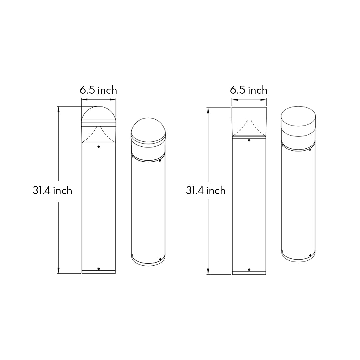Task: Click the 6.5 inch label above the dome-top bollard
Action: [x=98, y=90]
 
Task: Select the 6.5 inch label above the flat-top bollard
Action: [x=249, y=90]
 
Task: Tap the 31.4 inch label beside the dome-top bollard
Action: [x=52, y=190]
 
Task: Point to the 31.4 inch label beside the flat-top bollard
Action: [x=206, y=190]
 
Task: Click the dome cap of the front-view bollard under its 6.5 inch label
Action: [x=99, y=114]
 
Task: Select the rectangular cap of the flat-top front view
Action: [x=249, y=113]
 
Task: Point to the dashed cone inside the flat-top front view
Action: [x=249, y=128]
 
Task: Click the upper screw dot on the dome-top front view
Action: [x=99, y=146]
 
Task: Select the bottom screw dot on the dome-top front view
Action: [x=99, y=269]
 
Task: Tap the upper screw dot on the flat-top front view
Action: [x=249, y=140]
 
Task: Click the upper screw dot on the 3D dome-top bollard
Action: [x=160, y=161]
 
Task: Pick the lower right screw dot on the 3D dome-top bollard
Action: [x=160, y=259]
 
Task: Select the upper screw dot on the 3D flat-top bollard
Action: [x=310, y=150]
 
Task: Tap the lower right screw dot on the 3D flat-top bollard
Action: [x=310, y=255]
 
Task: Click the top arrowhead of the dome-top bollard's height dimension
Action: [x=59, y=109]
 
